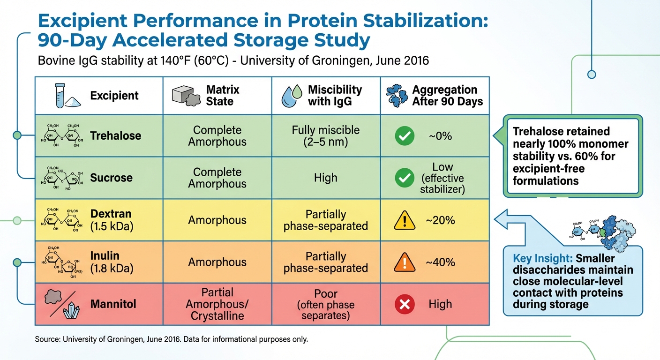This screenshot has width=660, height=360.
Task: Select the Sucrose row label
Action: (112, 178)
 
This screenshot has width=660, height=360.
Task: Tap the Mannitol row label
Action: (113, 304)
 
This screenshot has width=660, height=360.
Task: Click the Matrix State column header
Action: (223, 95)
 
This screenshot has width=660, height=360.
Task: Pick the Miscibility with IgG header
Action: (335, 95)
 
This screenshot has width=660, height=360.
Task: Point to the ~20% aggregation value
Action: (440, 220)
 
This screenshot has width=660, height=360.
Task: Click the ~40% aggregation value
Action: (440, 262)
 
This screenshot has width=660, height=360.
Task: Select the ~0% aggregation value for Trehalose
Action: (440, 136)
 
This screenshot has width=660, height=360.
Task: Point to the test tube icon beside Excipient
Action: (59, 96)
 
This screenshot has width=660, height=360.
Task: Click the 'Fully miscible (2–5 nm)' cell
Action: (325, 135)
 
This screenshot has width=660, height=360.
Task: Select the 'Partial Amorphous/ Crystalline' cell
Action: (217, 304)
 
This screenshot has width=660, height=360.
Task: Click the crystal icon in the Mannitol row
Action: (70, 309)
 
